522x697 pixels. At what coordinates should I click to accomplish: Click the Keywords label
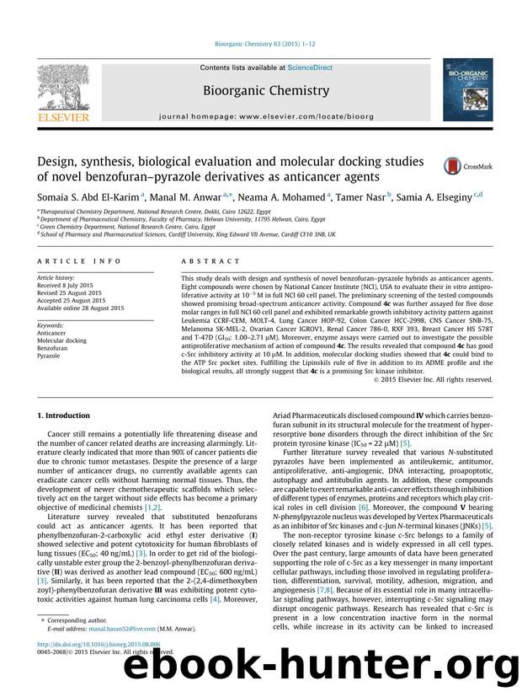pos(53,324)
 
